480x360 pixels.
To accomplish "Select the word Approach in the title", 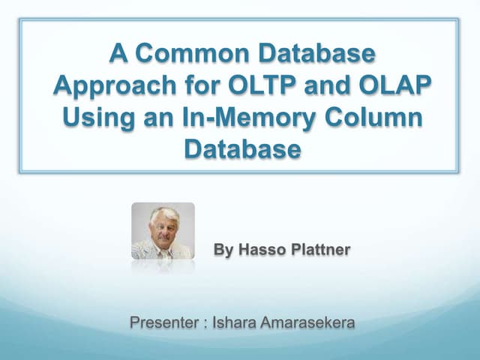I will pos(109,86).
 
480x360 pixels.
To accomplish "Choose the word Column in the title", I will pos(376,118).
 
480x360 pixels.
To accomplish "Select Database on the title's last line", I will pos(242,149).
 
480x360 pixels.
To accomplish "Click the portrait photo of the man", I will pos(163,231).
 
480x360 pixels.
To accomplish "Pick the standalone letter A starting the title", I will pos(118,55).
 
